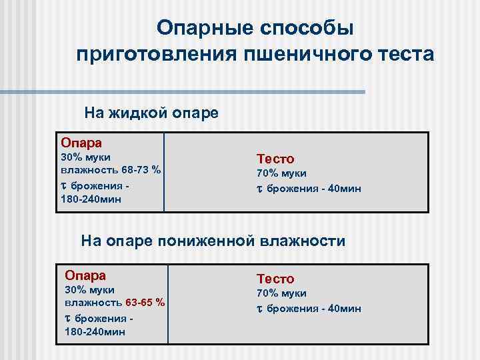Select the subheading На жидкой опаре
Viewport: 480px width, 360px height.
point(151,112)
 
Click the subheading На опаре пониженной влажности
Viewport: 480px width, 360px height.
point(213,241)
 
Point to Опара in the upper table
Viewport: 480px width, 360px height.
point(81,142)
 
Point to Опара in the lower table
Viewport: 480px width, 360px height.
point(85,275)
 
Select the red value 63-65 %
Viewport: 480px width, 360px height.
point(141,303)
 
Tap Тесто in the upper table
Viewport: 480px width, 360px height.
point(275,159)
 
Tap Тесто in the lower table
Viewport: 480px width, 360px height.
point(275,279)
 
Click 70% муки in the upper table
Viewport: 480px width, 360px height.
point(282,173)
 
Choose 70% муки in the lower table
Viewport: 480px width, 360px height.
point(282,293)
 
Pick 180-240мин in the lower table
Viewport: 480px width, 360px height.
point(95,331)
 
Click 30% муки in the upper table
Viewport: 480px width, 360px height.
point(85,156)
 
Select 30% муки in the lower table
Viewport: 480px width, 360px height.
point(90,289)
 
